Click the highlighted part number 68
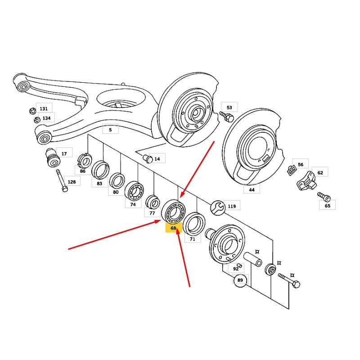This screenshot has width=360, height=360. (173, 228)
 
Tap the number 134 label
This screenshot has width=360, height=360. (46, 118)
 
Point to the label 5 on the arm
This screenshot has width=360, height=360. (110, 130)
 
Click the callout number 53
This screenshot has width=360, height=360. (229, 108)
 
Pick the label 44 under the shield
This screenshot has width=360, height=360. (252, 190)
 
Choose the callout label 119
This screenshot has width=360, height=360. (232, 207)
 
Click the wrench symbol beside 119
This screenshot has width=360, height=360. (217, 207)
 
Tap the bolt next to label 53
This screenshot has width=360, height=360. (227, 117)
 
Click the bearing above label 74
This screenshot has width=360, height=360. (134, 191)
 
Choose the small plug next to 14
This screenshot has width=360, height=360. (146, 158)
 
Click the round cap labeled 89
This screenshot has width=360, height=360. (240, 280)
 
